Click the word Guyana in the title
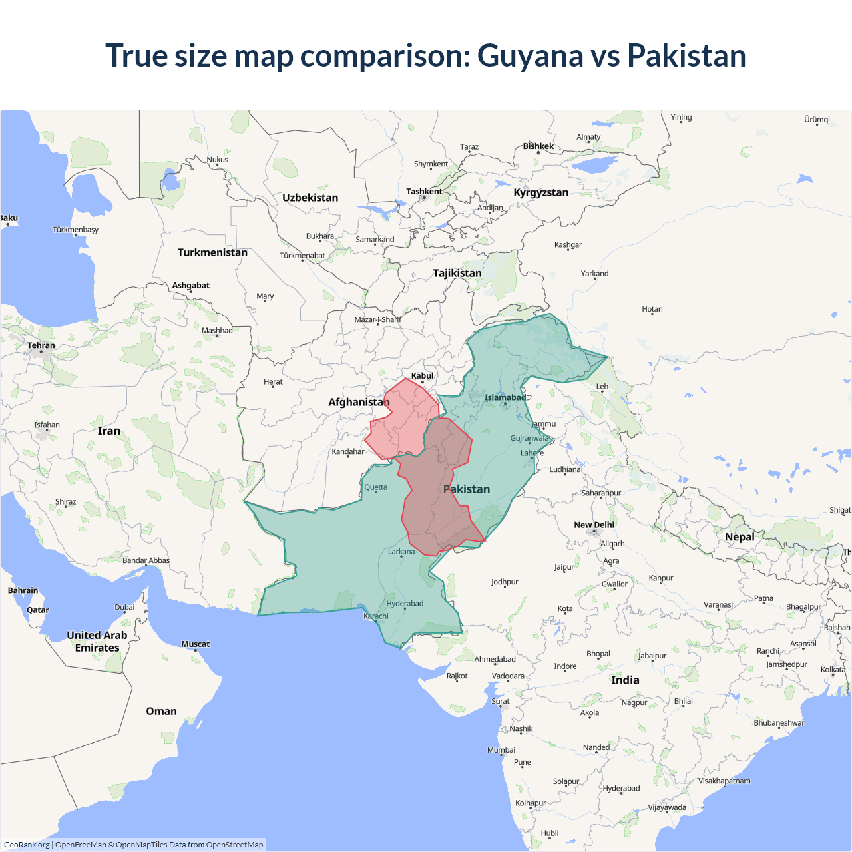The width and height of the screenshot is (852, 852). coord(530,56)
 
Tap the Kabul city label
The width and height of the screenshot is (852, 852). coord(422,376)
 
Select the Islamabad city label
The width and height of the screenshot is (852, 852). coord(505,397)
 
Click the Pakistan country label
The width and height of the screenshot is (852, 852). coord(467,489)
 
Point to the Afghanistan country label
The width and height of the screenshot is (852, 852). coord(359,402)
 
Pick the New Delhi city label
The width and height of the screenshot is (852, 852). coord(594,525)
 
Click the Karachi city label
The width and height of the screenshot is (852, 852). coord(376,616)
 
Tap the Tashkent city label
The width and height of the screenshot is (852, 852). coord(424,192)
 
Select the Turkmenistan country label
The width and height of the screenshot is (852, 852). coord(212,252)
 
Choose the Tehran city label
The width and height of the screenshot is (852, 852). coord(41,345)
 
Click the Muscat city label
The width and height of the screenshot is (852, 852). coord(195,644)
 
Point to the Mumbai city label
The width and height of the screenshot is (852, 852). coord(501,750)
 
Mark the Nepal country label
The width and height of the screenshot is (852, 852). coord(740,537)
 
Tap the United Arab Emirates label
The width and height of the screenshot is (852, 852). coord(97,642)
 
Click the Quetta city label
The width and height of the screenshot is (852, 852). coord(375,487)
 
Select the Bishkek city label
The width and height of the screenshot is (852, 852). coord(538,146)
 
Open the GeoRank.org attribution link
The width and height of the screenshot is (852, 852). coord(27,845)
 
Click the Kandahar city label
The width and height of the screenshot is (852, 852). coord(348,451)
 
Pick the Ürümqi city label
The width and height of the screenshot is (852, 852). coord(817,120)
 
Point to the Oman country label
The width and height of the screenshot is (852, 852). coord(161,711)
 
